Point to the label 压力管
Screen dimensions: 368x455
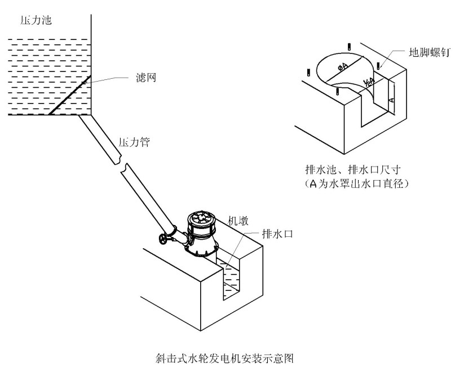tap(134, 142)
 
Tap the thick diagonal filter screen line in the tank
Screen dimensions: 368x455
tap(70, 94)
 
